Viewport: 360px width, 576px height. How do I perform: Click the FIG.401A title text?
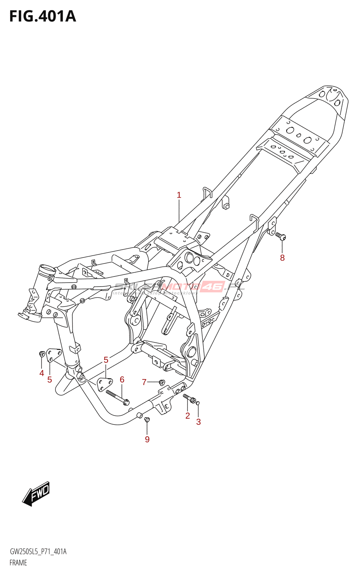point(42,17)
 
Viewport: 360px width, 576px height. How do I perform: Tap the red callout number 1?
point(179,195)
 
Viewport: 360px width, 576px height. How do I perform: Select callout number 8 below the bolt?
point(282,258)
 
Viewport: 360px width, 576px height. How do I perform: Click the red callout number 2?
point(188,416)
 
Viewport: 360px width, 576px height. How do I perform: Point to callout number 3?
point(198,422)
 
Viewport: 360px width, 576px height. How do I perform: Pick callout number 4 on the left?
point(42,373)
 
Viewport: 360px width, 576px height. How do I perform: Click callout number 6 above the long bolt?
point(122,379)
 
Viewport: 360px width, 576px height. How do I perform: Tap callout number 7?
point(144,382)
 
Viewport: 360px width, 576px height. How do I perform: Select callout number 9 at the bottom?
point(147,439)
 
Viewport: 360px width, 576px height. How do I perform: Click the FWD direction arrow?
point(36,494)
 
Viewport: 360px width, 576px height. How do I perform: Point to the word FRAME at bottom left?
point(18,563)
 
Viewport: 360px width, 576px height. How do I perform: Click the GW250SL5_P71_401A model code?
point(38,552)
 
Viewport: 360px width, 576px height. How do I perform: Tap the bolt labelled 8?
point(281,236)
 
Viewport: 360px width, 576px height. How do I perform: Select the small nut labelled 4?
point(42,354)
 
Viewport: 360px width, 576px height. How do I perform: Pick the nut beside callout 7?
point(162,382)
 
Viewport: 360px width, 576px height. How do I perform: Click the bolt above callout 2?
point(190,399)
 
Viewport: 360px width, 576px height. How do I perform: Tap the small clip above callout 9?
point(147,419)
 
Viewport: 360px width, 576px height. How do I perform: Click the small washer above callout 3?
point(198,403)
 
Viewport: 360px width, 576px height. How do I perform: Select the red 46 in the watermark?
point(212,287)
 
